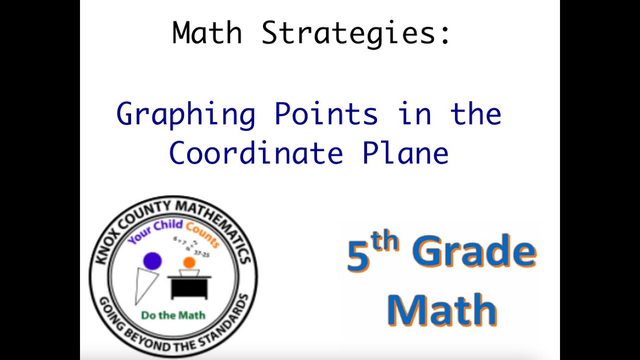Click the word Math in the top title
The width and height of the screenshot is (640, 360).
click(207, 33)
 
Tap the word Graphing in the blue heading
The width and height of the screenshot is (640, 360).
click(185, 114)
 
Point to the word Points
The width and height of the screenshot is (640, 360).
click(326, 114)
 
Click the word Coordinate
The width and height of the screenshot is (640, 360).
click(255, 153)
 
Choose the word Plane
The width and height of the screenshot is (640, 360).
click(405, 153)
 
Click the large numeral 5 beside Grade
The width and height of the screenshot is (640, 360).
click(358, 256)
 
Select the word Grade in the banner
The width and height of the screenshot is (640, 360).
click(473, 252)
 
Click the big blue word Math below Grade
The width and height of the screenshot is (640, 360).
click(441, 310)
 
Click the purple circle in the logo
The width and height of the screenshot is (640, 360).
click(152, 260)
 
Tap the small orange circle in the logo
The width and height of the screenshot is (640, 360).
click(189, 262)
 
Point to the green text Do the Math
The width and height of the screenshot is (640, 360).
click(173, 315)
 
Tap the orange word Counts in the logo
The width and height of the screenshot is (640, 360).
click(202, 234)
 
